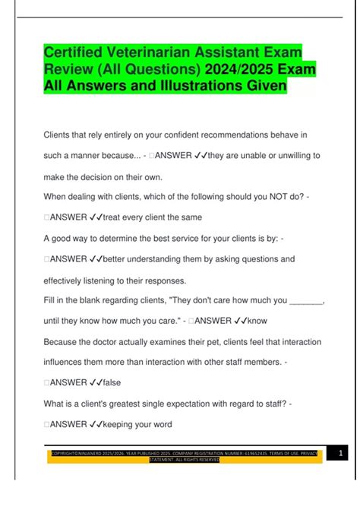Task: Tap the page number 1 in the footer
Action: point(341,454)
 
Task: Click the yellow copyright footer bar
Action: point(185,456)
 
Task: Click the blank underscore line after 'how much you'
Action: point(307,300)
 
